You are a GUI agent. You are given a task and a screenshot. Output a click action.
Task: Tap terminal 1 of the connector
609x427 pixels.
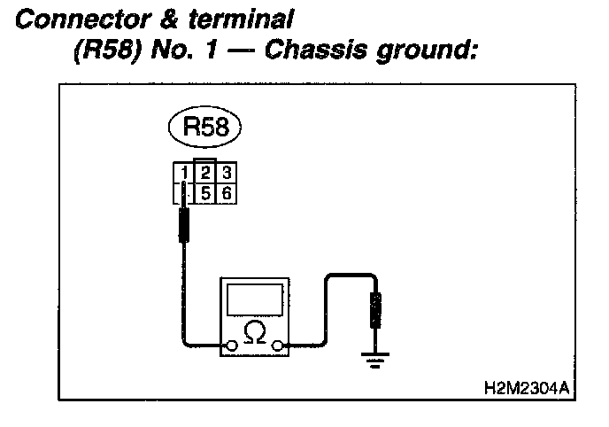(x=181, y=172)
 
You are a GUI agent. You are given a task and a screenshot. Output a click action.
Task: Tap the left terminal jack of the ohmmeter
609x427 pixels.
(x=231, y=345)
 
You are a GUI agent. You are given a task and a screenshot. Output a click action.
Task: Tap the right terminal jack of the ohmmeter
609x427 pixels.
(x=280, y=345)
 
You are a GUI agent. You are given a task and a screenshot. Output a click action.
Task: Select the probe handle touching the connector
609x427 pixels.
(x=186, y=225)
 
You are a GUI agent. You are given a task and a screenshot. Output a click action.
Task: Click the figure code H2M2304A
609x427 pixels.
(x=526, y=387)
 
